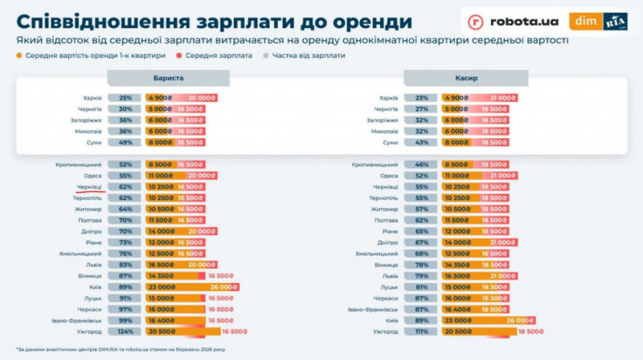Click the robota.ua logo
click(514, 22)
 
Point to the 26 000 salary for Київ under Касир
click(522, 320)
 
